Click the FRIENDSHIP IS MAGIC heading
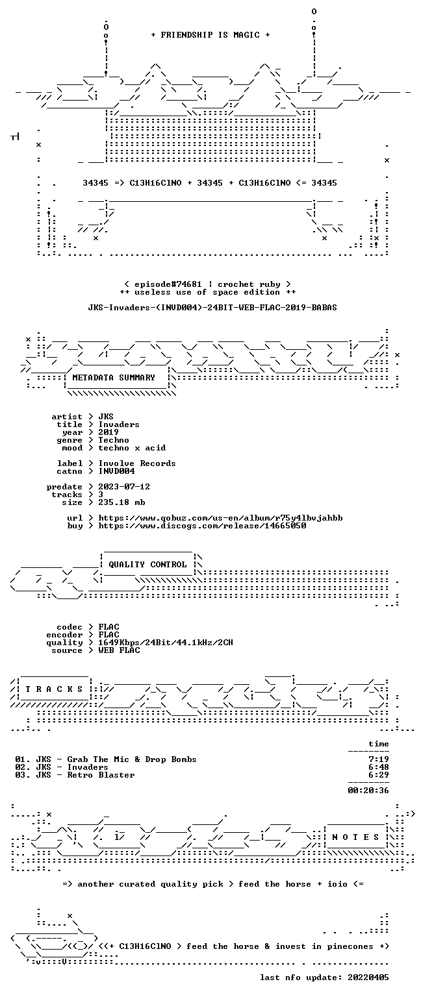[x=210, y=34]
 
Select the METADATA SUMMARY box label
[x=114, y=377]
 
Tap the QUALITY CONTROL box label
[x=147, y=564]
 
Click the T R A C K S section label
[x=55, y=689]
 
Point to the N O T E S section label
[x=355, y=837]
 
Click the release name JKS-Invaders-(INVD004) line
[x=212, y=308]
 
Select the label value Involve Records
[x=137, y=463]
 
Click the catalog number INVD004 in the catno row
[x=117, y=471]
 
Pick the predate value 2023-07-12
[x=124, y=486]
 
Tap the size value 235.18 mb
[x=121, y=502]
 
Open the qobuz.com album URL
[x=220, y=517]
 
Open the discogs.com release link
[x=202, y=526]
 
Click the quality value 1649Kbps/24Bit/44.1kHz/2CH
[x=166, y=642]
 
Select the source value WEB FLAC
[x=120, y=650]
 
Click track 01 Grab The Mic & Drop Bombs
[x=106, y=759]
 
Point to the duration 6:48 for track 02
[x=379, y=767]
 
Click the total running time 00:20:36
[x=368, y=791]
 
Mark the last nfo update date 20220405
[x=368, y=978]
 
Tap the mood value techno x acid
[x=132, y=448]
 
